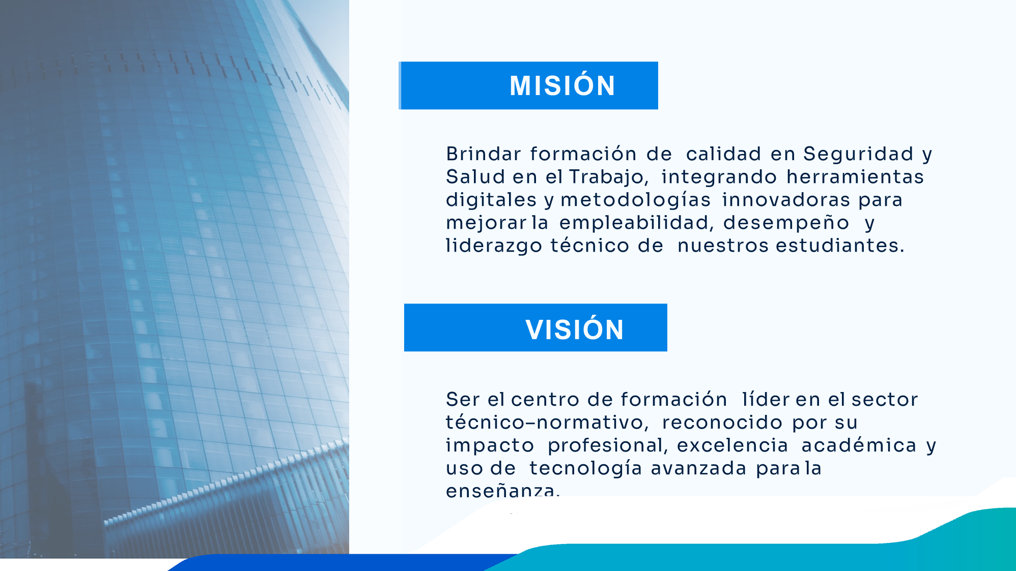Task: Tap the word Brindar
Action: click(484, 154)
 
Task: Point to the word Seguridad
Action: click(859, 154)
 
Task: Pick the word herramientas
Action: click(855, 176)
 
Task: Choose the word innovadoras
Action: click(786, 199)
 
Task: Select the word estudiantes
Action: click(840, 245)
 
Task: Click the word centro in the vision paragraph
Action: click(545, 400)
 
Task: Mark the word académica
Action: click(859, 445)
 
